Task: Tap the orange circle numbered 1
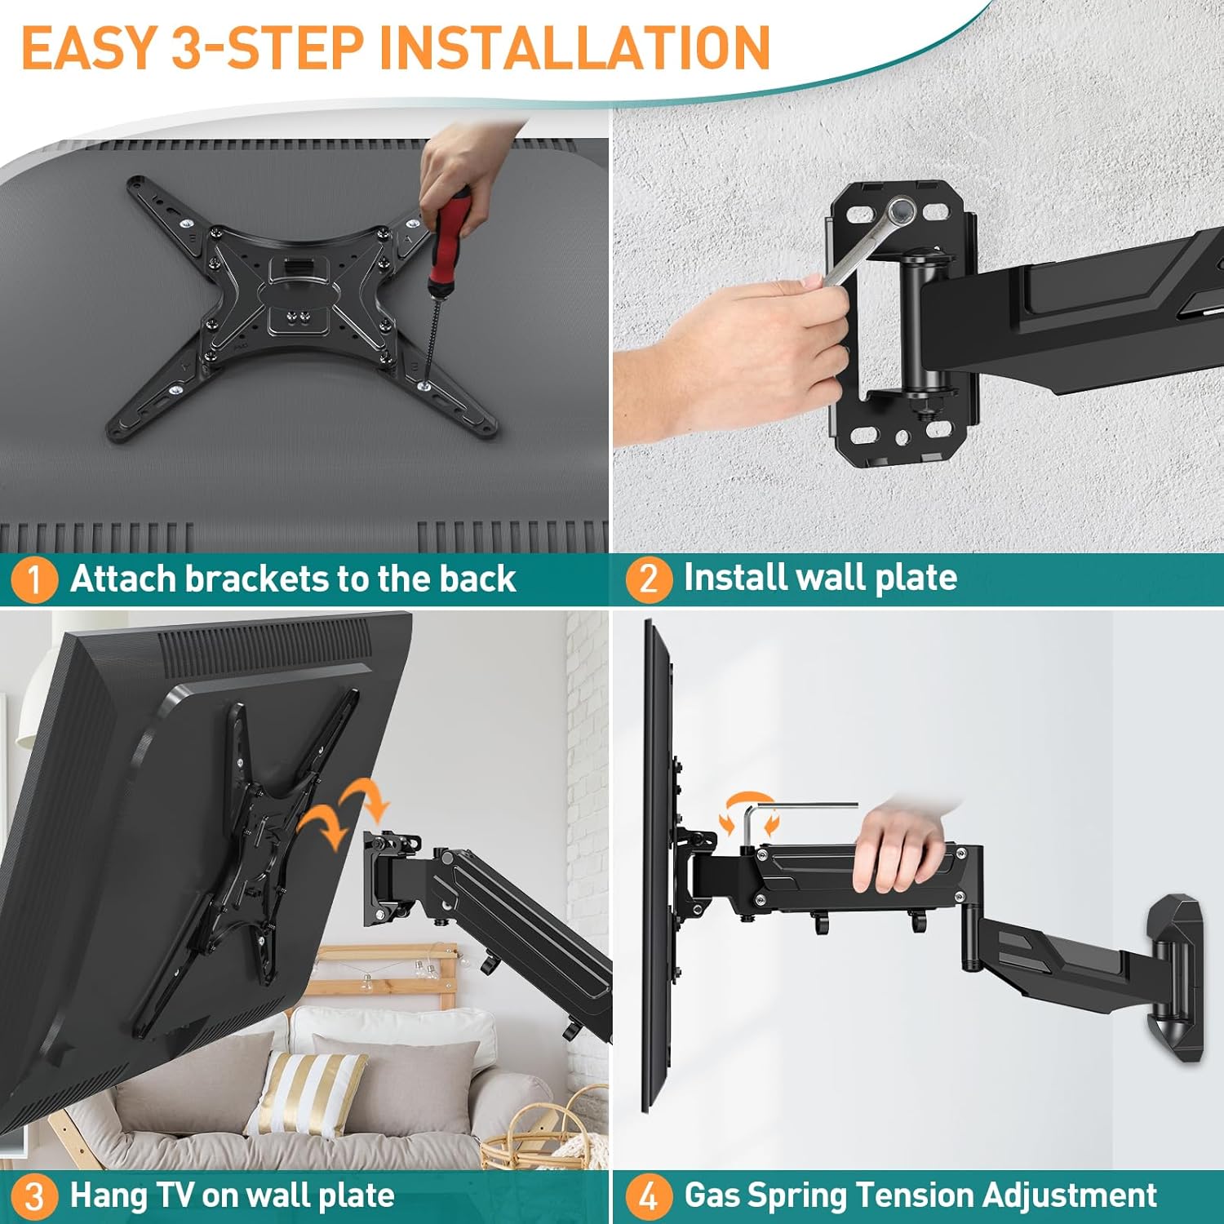(33, 579)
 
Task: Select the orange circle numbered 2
(648, 579)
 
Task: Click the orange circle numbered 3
(33, 1196)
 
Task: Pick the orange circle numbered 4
(648, 1196)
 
